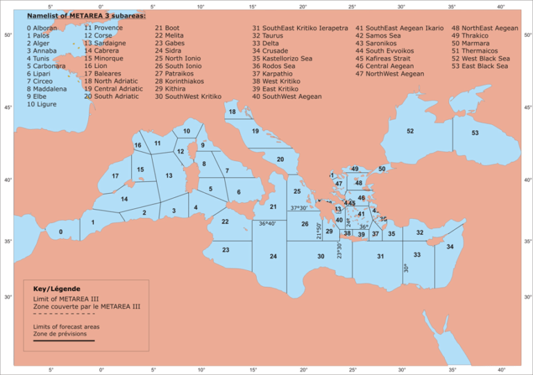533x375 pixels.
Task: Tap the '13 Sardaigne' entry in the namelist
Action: click(105, 43)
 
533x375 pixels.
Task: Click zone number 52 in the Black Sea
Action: click(410, 131)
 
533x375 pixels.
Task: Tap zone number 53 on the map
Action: click(475, 133)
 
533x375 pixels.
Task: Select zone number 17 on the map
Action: click(115, 176)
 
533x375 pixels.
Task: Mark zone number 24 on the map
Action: click(273, 257)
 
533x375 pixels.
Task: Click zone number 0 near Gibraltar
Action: click(60, 232)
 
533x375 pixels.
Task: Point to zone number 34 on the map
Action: click(450, 247)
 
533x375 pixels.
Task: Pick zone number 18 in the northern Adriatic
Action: click(232, 112)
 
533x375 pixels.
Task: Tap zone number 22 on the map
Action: click(225, 222)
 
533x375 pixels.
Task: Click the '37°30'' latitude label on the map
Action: click(299, 208)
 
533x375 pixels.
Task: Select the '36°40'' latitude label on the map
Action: click(267, 224)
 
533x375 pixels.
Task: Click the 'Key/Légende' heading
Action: click(57, 288)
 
